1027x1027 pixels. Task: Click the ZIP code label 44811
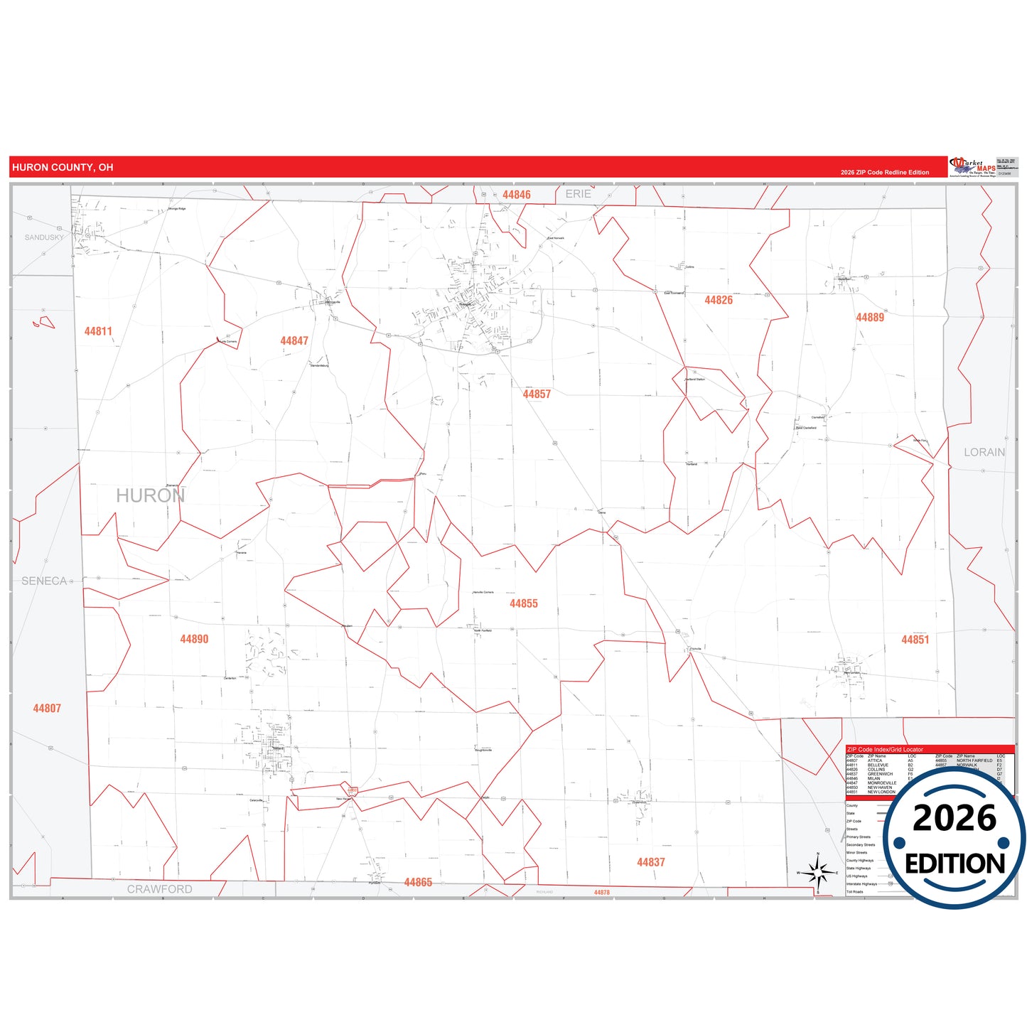click(x=98, y=331)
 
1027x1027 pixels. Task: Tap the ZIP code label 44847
click(x=294, y=341)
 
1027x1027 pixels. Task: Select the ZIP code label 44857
click(x=537, y=394)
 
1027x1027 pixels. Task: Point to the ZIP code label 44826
click(x=719, y=301)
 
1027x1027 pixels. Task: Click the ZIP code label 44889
click(x=870, y=318)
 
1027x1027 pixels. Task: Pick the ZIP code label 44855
click(x=524, y=603)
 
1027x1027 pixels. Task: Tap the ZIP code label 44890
click(x=194, y=639)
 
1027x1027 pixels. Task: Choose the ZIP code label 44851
click(x=915, y=640)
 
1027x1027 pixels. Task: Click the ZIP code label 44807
click(x=47, y=709)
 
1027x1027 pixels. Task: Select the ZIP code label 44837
click(x=651, y=862)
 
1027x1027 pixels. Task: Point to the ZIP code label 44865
click(x=418, y=883)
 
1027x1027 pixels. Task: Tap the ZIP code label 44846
click(x=517, y=195)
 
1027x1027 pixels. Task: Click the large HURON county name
click(x=151, y=495)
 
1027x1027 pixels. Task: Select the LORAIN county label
click(x=984, y=452)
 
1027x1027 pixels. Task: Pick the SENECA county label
click(x=44, y=581)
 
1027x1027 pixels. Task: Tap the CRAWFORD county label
click(x=160, y=889)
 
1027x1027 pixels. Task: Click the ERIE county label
click(x=579, y=194)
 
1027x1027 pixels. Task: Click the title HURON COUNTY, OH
click(x=63, y=168)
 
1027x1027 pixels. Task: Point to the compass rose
click(x=818, y=871)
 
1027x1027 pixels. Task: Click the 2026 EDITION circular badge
click(x=955, y=839)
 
